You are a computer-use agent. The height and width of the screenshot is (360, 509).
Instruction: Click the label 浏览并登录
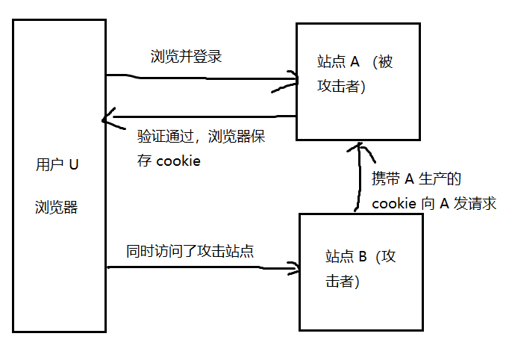click(187, 57)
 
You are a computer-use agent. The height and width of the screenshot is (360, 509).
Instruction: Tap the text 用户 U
click(57, 165)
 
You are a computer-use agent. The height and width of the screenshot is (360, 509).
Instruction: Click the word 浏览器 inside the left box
click(56, 208)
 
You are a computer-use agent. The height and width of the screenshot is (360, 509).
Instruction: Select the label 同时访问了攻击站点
click(190, 251)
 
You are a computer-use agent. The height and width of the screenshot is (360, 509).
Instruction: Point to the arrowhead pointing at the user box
click(108, 117)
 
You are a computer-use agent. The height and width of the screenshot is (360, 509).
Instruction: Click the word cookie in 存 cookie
click(178, 161)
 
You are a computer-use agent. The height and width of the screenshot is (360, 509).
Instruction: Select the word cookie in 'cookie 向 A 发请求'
click(394, 204)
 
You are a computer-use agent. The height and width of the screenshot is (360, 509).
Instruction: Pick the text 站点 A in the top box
click(339, 62)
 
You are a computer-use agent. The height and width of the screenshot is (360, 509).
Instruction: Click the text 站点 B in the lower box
click(346, 257)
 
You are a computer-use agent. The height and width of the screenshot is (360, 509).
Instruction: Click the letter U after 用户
click(73, 165)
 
